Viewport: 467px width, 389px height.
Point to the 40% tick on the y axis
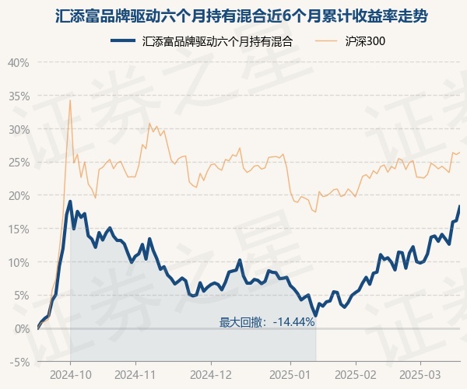tap(19, 62)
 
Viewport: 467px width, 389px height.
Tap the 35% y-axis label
tap(19, 96)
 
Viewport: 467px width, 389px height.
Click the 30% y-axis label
tap(19, 129)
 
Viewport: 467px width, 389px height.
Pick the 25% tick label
tap(19, 162)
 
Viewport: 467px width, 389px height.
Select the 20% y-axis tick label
tap(19, 195)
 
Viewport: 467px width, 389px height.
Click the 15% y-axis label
tap(19, 229)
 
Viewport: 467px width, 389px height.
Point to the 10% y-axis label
tap(19, 262)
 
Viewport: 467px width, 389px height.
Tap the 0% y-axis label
tap(21, 328)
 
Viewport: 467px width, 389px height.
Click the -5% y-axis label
tap(19, 362)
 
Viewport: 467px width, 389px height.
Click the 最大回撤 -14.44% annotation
tap(266, 321)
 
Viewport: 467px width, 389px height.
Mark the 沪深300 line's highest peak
tap(70, 100)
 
